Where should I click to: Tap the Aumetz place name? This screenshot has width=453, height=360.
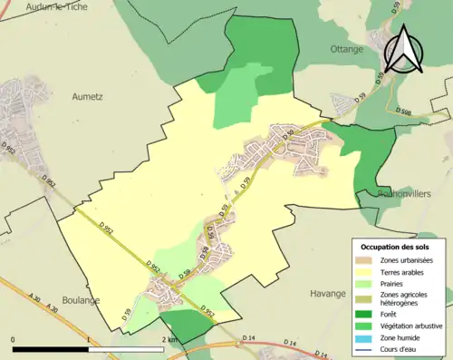[x=89, y=93]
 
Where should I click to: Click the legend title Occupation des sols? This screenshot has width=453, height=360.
[x=401, y=246]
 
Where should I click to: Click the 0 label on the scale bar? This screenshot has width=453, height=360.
[x=13, y=338]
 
